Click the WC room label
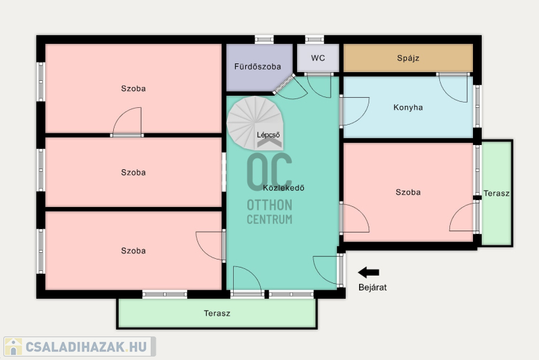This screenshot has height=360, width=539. click(x=318, y=58)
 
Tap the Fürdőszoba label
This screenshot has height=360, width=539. click(x=257, y=66)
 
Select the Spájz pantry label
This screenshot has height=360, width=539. click(x=408, y=58)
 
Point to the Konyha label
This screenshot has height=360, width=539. click(x=408, y=107)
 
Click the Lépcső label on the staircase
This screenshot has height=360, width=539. click(x=268, y=135)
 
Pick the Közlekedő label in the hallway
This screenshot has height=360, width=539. click(x=284, y=187)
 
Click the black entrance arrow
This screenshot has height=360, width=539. click(x=369, y=272)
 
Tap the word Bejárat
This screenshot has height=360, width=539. click(x=373, y=287)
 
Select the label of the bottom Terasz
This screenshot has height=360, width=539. click(x=217, y=313)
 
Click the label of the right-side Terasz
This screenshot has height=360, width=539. click(x=497, y=193)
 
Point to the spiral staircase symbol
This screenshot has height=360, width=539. click(x=255, y=123)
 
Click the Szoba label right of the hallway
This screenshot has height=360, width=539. click(x=408, y=192)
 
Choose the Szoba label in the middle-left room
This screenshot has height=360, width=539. click(x=133, y=173)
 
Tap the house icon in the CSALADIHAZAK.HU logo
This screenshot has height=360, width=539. click(x=13, y=347)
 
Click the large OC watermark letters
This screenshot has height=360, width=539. click(x=269, y=172)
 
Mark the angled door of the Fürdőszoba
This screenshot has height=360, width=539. click(x=284, y=84)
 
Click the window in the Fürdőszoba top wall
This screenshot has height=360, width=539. click(x=264, y=40)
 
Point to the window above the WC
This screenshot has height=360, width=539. click(x=315, y=40)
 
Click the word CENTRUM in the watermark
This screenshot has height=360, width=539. click(x=269, y=219)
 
